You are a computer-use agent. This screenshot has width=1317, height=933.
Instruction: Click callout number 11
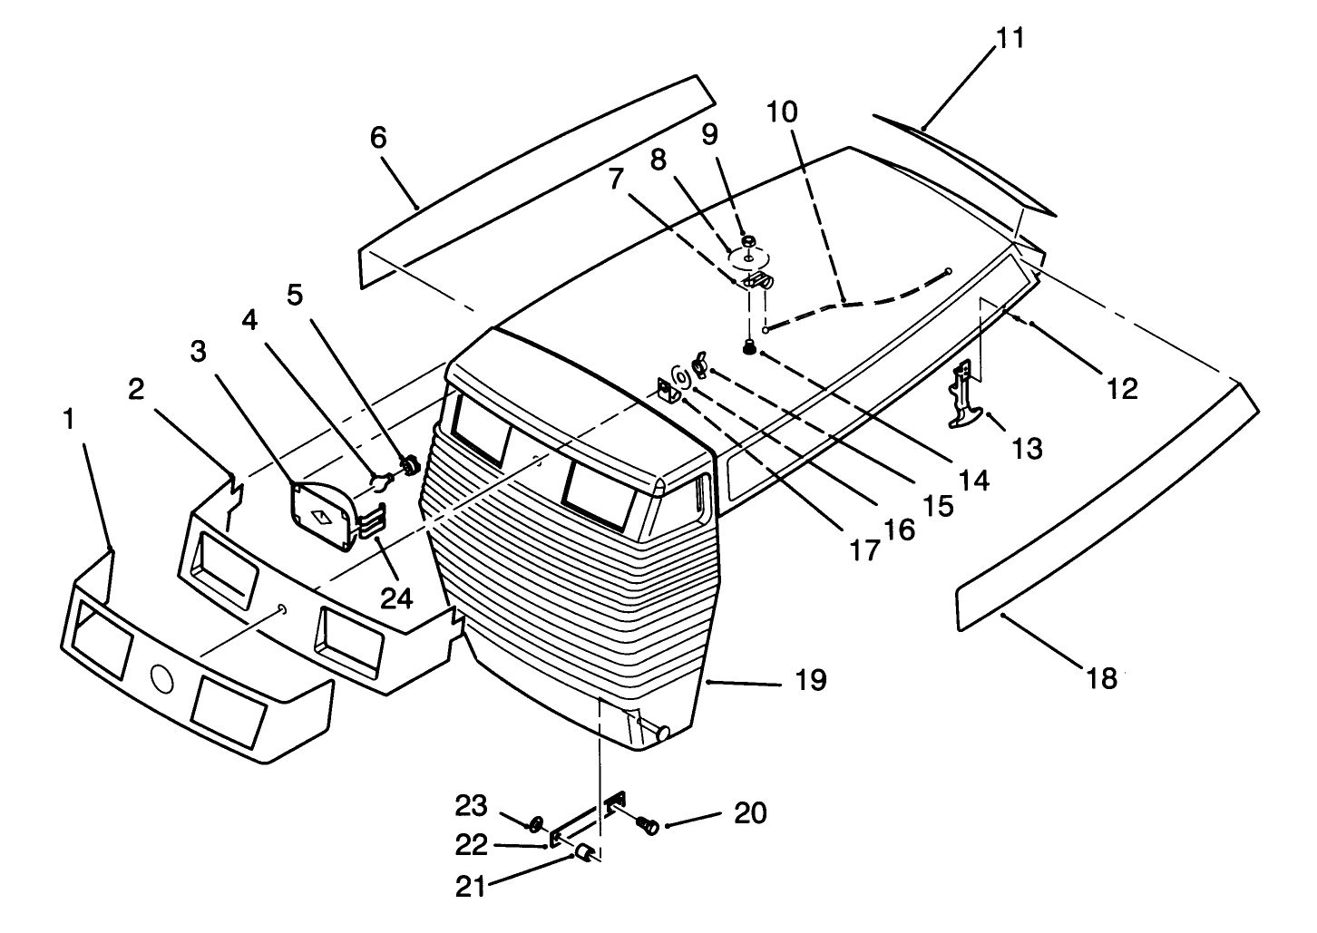pyautogui.click(x=1010, y=39)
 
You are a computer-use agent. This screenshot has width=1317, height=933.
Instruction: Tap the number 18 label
pyautogui.click(x=1102, y=679)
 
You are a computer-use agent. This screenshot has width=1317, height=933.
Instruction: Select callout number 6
pyautogui.click(x=378, y=138)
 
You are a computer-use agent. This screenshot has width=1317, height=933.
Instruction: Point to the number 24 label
pyautogui.click(x=397, y=598)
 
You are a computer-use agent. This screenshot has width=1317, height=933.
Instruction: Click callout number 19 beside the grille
pyautogui.click(x=811, y=680)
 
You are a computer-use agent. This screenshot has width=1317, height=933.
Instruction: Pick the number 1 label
pyautogui.click(x=69, y=420)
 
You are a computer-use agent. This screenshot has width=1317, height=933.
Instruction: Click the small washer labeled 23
pyautogui.click(x=536, y=823)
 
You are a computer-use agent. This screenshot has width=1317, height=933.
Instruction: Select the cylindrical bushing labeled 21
pyautogui.click(x=584, y=852)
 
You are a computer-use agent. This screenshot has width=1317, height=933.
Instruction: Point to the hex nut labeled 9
pyautogui.click(x=748, y=241)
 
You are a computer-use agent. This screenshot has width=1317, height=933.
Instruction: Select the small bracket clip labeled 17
pyautogui.click(x=665, y=391)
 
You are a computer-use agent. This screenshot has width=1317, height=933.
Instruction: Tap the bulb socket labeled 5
pyautogui.click(x=409, y=465)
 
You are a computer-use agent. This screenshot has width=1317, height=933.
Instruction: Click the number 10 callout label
pyautogui.click(x=782, y=112)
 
